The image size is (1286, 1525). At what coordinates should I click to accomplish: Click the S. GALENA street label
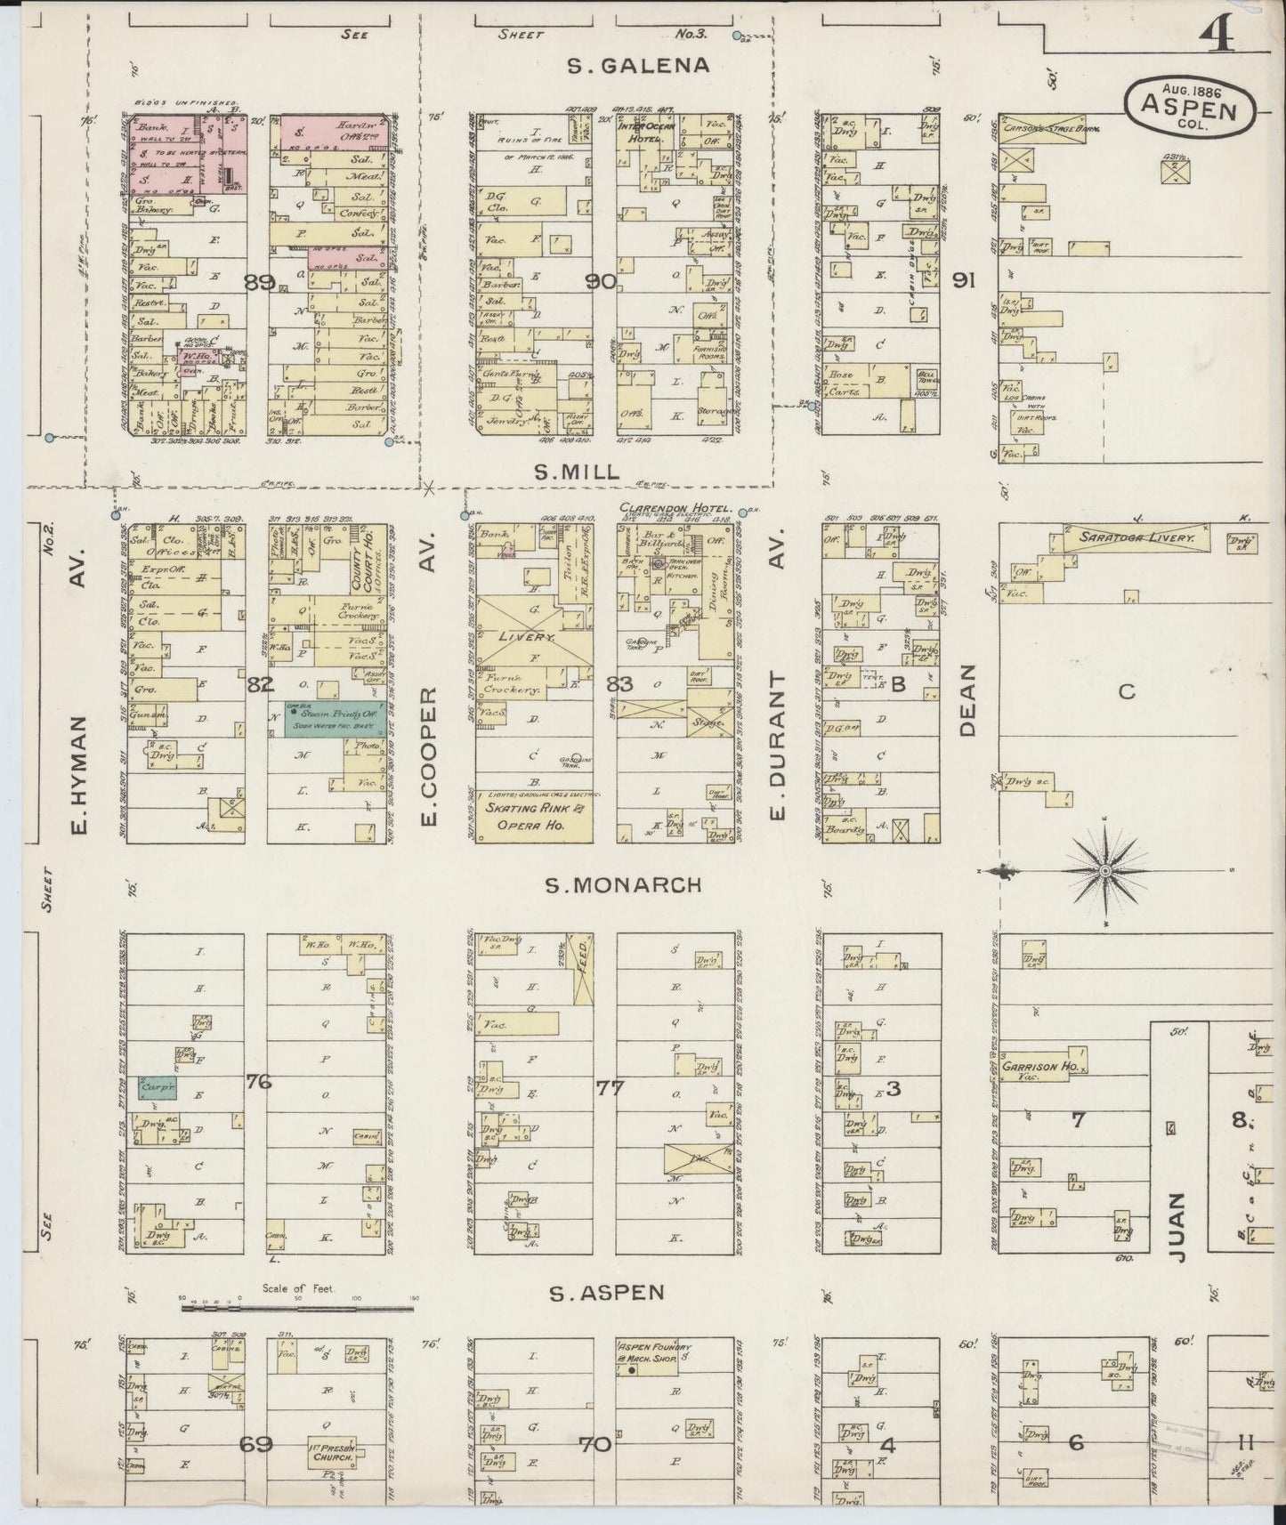tap(639, 65)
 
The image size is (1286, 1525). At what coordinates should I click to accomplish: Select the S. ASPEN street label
tap(607, 1293)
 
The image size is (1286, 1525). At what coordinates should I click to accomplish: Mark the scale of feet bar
tap(299, 1308)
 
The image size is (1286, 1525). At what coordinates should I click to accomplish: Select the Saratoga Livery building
tap(1133, 537)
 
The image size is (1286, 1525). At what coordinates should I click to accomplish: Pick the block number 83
tap(619, 683)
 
